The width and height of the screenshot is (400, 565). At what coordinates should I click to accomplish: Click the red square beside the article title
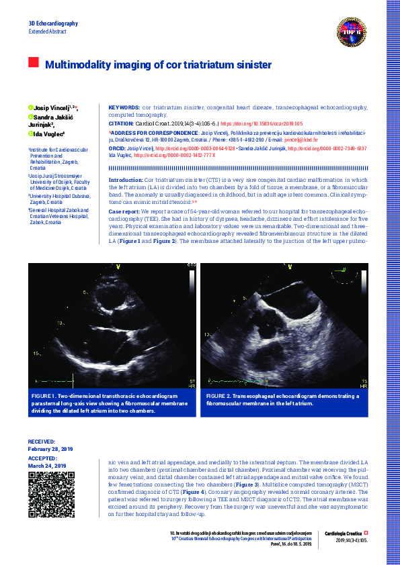tap(33, 63)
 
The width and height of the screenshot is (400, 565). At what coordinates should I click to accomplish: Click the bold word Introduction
tap(126, 181)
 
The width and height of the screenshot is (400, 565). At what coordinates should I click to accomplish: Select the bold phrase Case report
tap(124, 211)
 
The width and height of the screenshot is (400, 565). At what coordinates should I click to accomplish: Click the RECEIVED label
tap(41, 442)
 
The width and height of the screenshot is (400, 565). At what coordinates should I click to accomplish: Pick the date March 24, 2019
tap(46, 466)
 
